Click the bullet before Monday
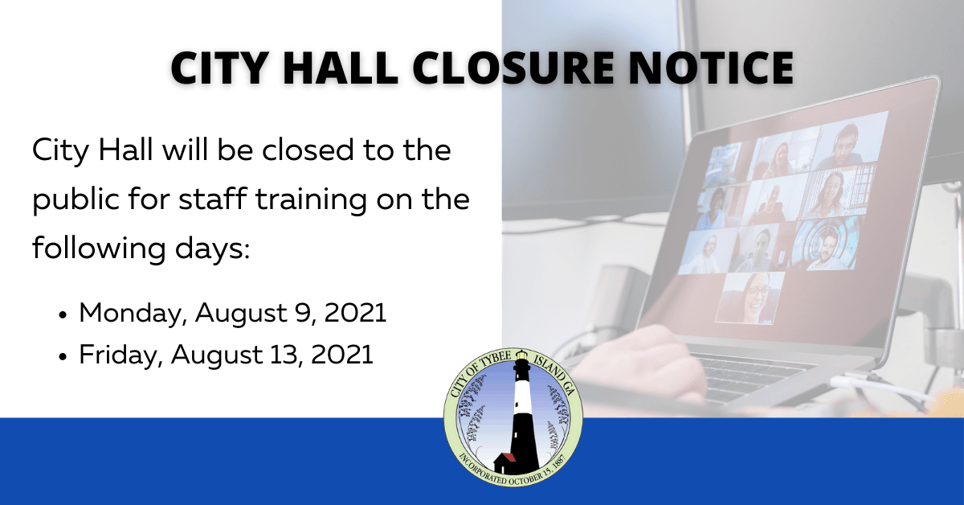click(x=63, y=314)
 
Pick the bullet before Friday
click(x=63, y=355)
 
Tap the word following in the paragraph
click(x=88, y=247)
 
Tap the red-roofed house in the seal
click(x=505, y=461)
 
